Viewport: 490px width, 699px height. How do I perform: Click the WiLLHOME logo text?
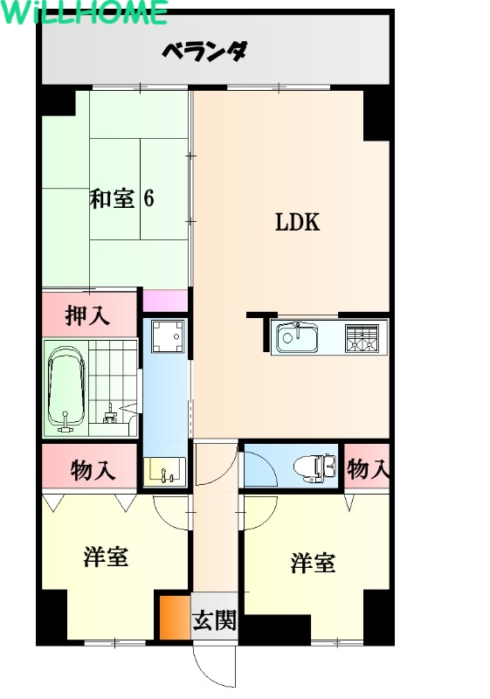[x=84, y=11]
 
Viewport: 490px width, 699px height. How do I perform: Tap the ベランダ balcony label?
[x=204, y=52]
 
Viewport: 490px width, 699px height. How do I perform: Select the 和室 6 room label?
[x=121, y=198]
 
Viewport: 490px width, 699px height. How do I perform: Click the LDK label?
[x=298, y=222]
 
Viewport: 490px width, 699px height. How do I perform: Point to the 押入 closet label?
[x=87, y=315]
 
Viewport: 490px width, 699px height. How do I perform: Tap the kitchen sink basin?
[x=297, y=337]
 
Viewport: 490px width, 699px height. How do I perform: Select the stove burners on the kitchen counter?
[x=362, y=338]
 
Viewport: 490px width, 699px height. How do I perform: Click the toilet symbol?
[x=315, y=468]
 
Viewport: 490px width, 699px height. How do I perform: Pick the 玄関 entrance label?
[x=214, y=619]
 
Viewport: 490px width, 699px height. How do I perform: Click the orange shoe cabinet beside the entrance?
[x=175, y=618]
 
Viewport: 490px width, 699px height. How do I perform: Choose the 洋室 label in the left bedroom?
[x=106, y=557]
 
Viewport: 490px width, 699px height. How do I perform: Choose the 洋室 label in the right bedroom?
[x=314, y=563]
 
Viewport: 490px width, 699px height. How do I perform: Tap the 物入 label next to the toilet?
[x=367, y=468]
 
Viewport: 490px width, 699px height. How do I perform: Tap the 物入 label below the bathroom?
[x=93, y=470]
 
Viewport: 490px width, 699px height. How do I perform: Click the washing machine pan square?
[x=167, y=336]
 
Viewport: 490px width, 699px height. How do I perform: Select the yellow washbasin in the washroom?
[x=164, y=472]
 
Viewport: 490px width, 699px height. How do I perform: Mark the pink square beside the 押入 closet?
[x=165, y=301]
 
